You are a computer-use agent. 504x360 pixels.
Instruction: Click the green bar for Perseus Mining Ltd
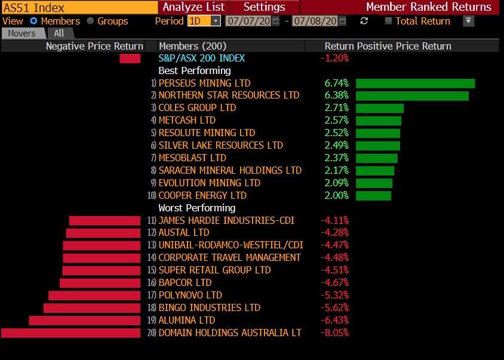point(415,83)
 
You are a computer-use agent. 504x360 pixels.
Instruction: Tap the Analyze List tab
point(193,7)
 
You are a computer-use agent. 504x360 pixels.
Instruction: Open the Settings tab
point(265,7)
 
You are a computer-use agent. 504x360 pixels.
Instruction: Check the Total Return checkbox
point(388,21)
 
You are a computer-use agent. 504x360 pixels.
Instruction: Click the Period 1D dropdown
point(204,21)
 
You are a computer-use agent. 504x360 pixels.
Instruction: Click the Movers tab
point(22,33)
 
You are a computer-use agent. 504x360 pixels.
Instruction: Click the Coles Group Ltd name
point(197,108)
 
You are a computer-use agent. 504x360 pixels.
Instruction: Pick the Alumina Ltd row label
point(186,320)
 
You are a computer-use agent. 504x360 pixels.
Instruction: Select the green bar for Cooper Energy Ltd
point(373,196)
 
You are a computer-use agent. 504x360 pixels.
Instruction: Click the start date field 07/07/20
point(248,21)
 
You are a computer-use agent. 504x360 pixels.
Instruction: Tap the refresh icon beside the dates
point(364,21)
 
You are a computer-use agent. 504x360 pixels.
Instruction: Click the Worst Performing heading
point(196,208)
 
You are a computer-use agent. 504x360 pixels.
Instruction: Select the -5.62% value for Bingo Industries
point(336,307)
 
